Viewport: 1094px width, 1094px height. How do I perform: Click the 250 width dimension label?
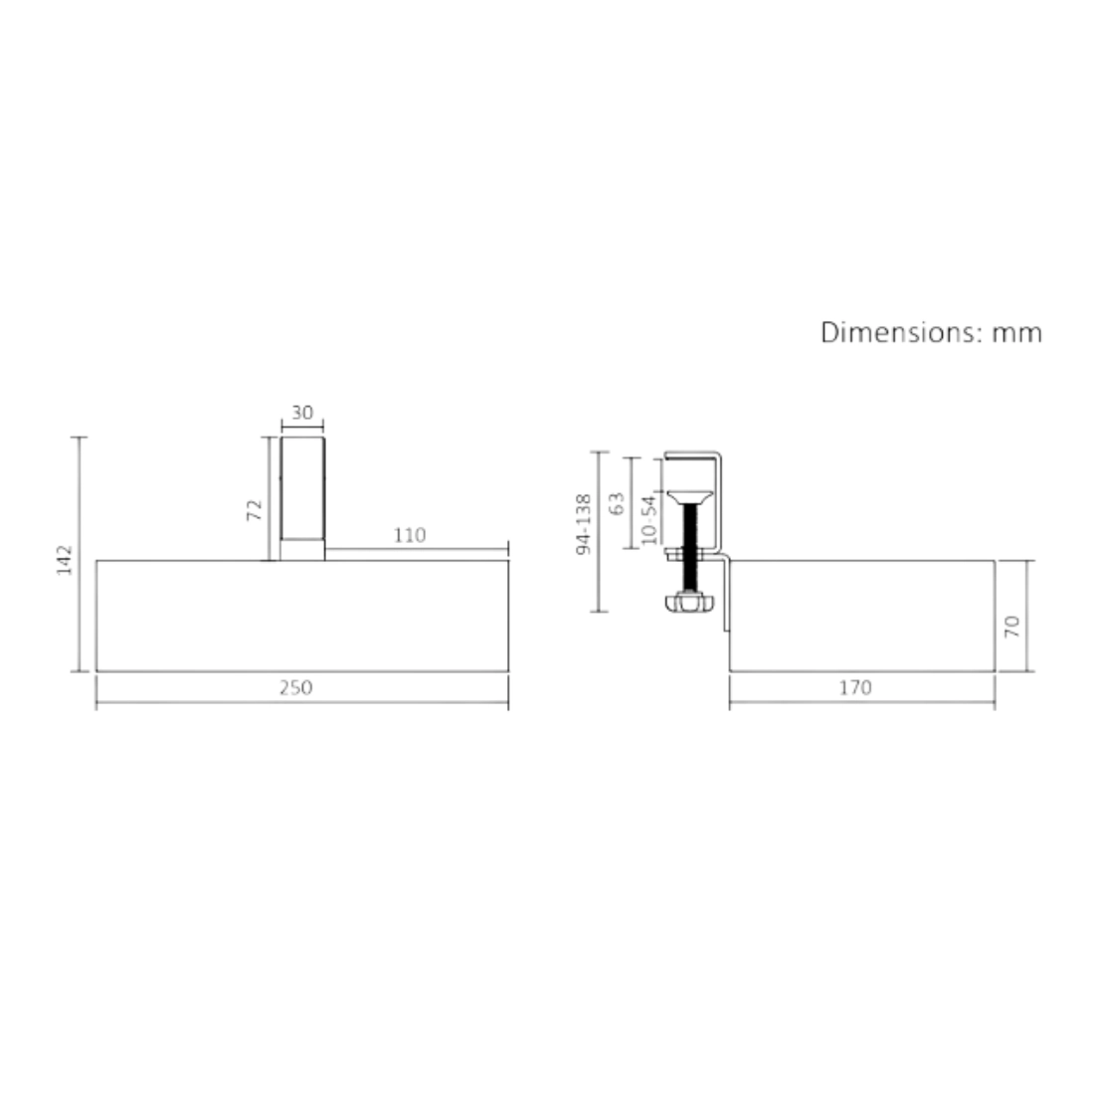(295, 688)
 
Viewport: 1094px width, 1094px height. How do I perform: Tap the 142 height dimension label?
(65, 560)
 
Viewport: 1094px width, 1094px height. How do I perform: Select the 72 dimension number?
(255, 510)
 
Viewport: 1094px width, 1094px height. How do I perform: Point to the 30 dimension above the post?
(302, 413)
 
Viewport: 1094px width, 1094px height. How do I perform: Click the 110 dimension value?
(409, 535)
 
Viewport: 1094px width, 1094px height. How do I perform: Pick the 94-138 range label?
(583, 524)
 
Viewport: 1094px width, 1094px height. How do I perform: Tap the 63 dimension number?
(617, 504)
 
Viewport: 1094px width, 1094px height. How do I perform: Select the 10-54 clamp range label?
(648, 518)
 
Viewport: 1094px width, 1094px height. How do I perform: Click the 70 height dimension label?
(1011, 626)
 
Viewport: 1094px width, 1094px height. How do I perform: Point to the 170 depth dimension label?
(854, 688)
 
